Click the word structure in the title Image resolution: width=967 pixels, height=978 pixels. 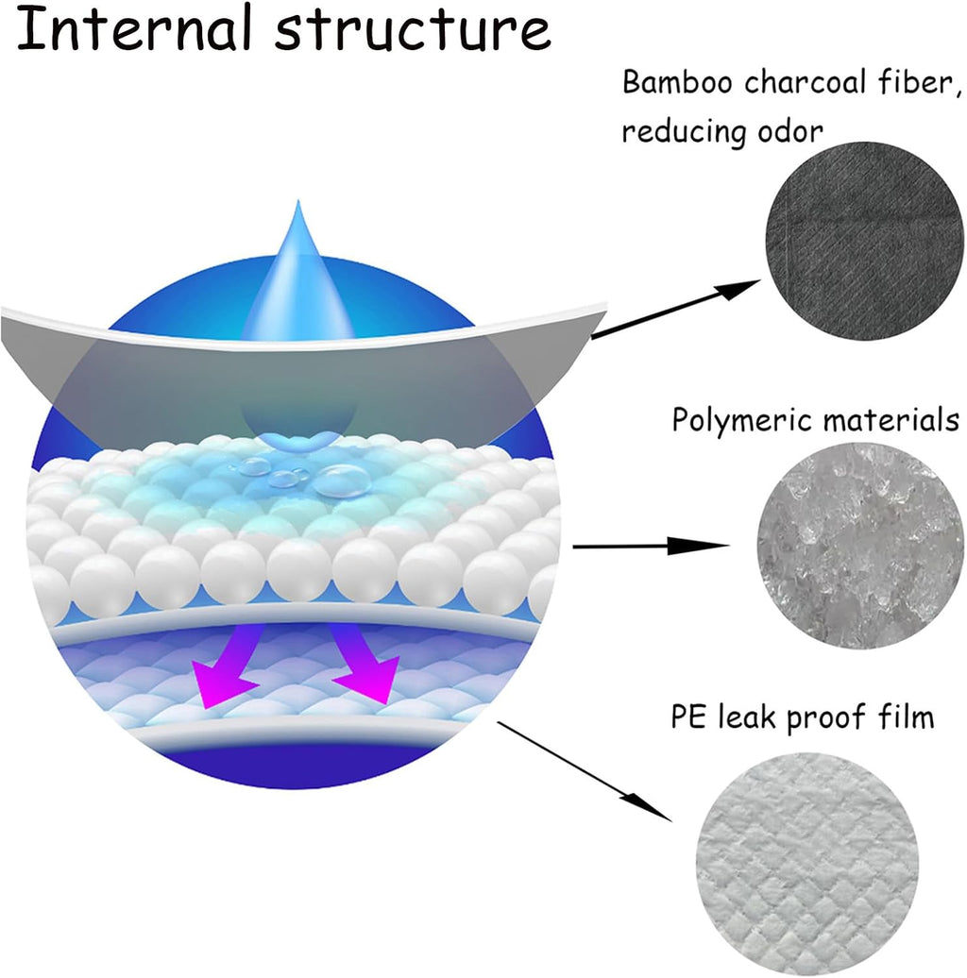[413, 31]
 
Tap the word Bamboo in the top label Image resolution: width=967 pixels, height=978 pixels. [677, 82]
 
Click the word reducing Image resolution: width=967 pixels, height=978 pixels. [684, 133]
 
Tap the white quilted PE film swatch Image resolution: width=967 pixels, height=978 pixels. [807, 863]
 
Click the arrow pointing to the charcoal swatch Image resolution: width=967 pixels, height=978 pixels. [675, 310]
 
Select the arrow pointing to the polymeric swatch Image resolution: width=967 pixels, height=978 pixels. [652, 546]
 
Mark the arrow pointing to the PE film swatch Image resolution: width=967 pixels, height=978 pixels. [585, 771]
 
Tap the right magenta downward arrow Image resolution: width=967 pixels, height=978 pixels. [365, 665]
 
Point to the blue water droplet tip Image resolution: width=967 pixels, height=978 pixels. [298, 201]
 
